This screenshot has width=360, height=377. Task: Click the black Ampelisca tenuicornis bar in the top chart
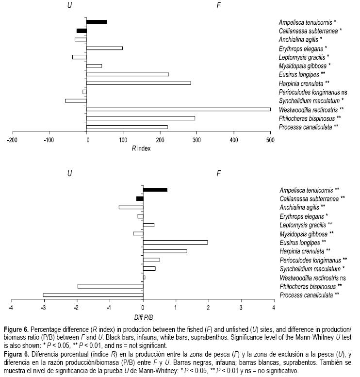[97, 22]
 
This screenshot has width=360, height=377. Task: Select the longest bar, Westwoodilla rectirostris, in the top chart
[179, 109]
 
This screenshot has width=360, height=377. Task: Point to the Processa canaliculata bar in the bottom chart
[93, 295]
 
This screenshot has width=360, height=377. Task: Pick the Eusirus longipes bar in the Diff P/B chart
[175, 242]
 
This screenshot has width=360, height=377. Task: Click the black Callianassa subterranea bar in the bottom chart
[140, 198]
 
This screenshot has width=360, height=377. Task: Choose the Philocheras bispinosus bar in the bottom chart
[110, 286]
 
